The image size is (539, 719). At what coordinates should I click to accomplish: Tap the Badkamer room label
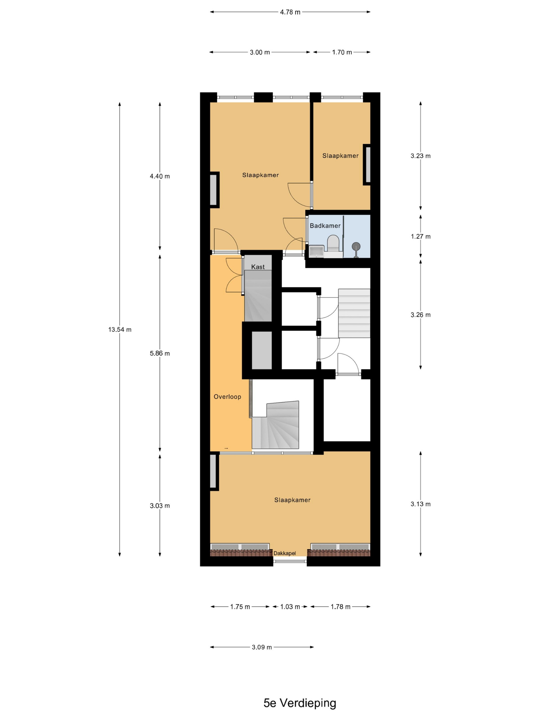click(325, 225)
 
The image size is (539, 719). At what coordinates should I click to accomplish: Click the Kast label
click(258, 267)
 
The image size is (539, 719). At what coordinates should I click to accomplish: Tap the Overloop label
click(227, 396)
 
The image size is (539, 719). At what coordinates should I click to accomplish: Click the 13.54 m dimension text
click(120, 330)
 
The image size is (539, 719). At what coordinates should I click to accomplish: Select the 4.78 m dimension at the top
click(290, 12)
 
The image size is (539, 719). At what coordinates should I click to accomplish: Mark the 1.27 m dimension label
click(420, 236)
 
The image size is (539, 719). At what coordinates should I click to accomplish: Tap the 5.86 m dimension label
click(160, 353)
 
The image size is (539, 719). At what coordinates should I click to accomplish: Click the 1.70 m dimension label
click(342, 52)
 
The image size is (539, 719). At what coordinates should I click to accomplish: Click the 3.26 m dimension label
click(420, 315)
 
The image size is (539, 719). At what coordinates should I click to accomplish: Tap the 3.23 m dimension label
click(420, 156)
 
